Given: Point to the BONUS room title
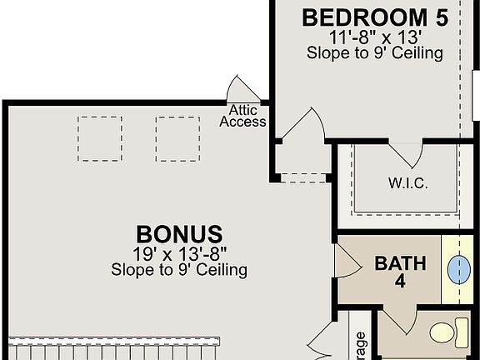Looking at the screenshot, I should point(179,233).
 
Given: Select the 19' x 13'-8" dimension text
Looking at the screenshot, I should point(179,253).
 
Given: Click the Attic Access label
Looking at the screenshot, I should point(242,116).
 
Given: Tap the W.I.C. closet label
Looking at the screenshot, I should point(408,182).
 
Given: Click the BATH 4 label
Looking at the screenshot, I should point(400,271).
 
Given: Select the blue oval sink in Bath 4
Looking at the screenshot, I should point(459,268).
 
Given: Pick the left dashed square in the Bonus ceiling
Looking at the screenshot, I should point(100,138).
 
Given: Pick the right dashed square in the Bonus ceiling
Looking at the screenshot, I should point(177,138).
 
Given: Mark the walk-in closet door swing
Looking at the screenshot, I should point(406,153).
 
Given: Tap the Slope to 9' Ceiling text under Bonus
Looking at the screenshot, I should point(179,270).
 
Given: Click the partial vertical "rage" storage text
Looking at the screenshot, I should point(361,343).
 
